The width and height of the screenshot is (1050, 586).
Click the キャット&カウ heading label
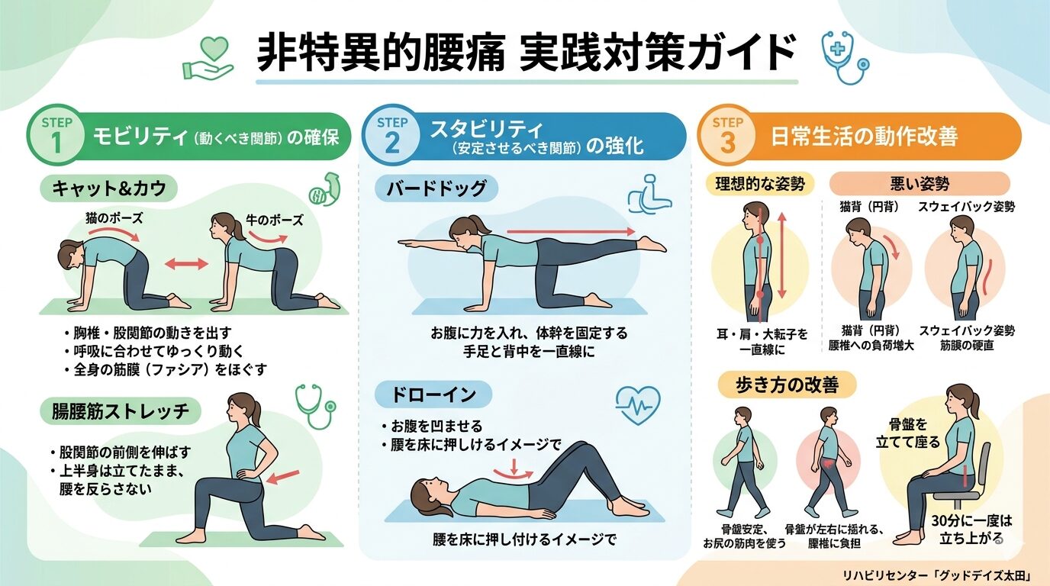[x=109, y=188]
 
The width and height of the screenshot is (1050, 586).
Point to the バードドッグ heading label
[x=436, y=188]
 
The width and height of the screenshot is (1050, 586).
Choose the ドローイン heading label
[x=433, y=394]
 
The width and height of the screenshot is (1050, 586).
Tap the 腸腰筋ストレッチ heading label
[x=121, y=411]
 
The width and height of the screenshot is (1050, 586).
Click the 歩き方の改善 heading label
[x=787, y=385]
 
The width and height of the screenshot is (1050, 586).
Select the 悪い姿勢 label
[x=920, y=183]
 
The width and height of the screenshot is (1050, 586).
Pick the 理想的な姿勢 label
[x=760, y=184]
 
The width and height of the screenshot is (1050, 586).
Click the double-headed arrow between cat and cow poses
[x=186, y=264]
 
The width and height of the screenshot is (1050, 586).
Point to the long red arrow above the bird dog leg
[x=571, y=231]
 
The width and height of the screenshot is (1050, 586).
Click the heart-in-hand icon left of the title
[x=208, y=58]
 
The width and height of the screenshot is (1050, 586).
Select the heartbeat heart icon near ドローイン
[x=638, y=404]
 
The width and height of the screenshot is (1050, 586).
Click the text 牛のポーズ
[x=275, y=221]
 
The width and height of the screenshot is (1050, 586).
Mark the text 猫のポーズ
[x=114, y=218]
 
